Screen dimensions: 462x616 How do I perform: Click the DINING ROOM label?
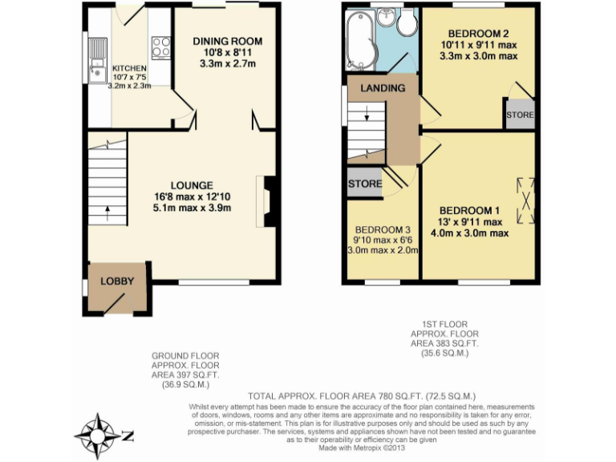228,41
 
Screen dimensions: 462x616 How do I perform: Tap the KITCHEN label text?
129,68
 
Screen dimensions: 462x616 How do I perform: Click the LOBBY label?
116,282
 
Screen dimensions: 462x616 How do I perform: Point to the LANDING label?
382,87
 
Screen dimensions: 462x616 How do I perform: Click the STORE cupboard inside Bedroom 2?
519,115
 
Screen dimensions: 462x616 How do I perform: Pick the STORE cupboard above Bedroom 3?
365,184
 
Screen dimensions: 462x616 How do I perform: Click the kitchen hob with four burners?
160,47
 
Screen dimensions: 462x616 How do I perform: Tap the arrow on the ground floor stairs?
107,211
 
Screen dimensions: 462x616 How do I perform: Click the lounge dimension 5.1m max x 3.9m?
192,209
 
